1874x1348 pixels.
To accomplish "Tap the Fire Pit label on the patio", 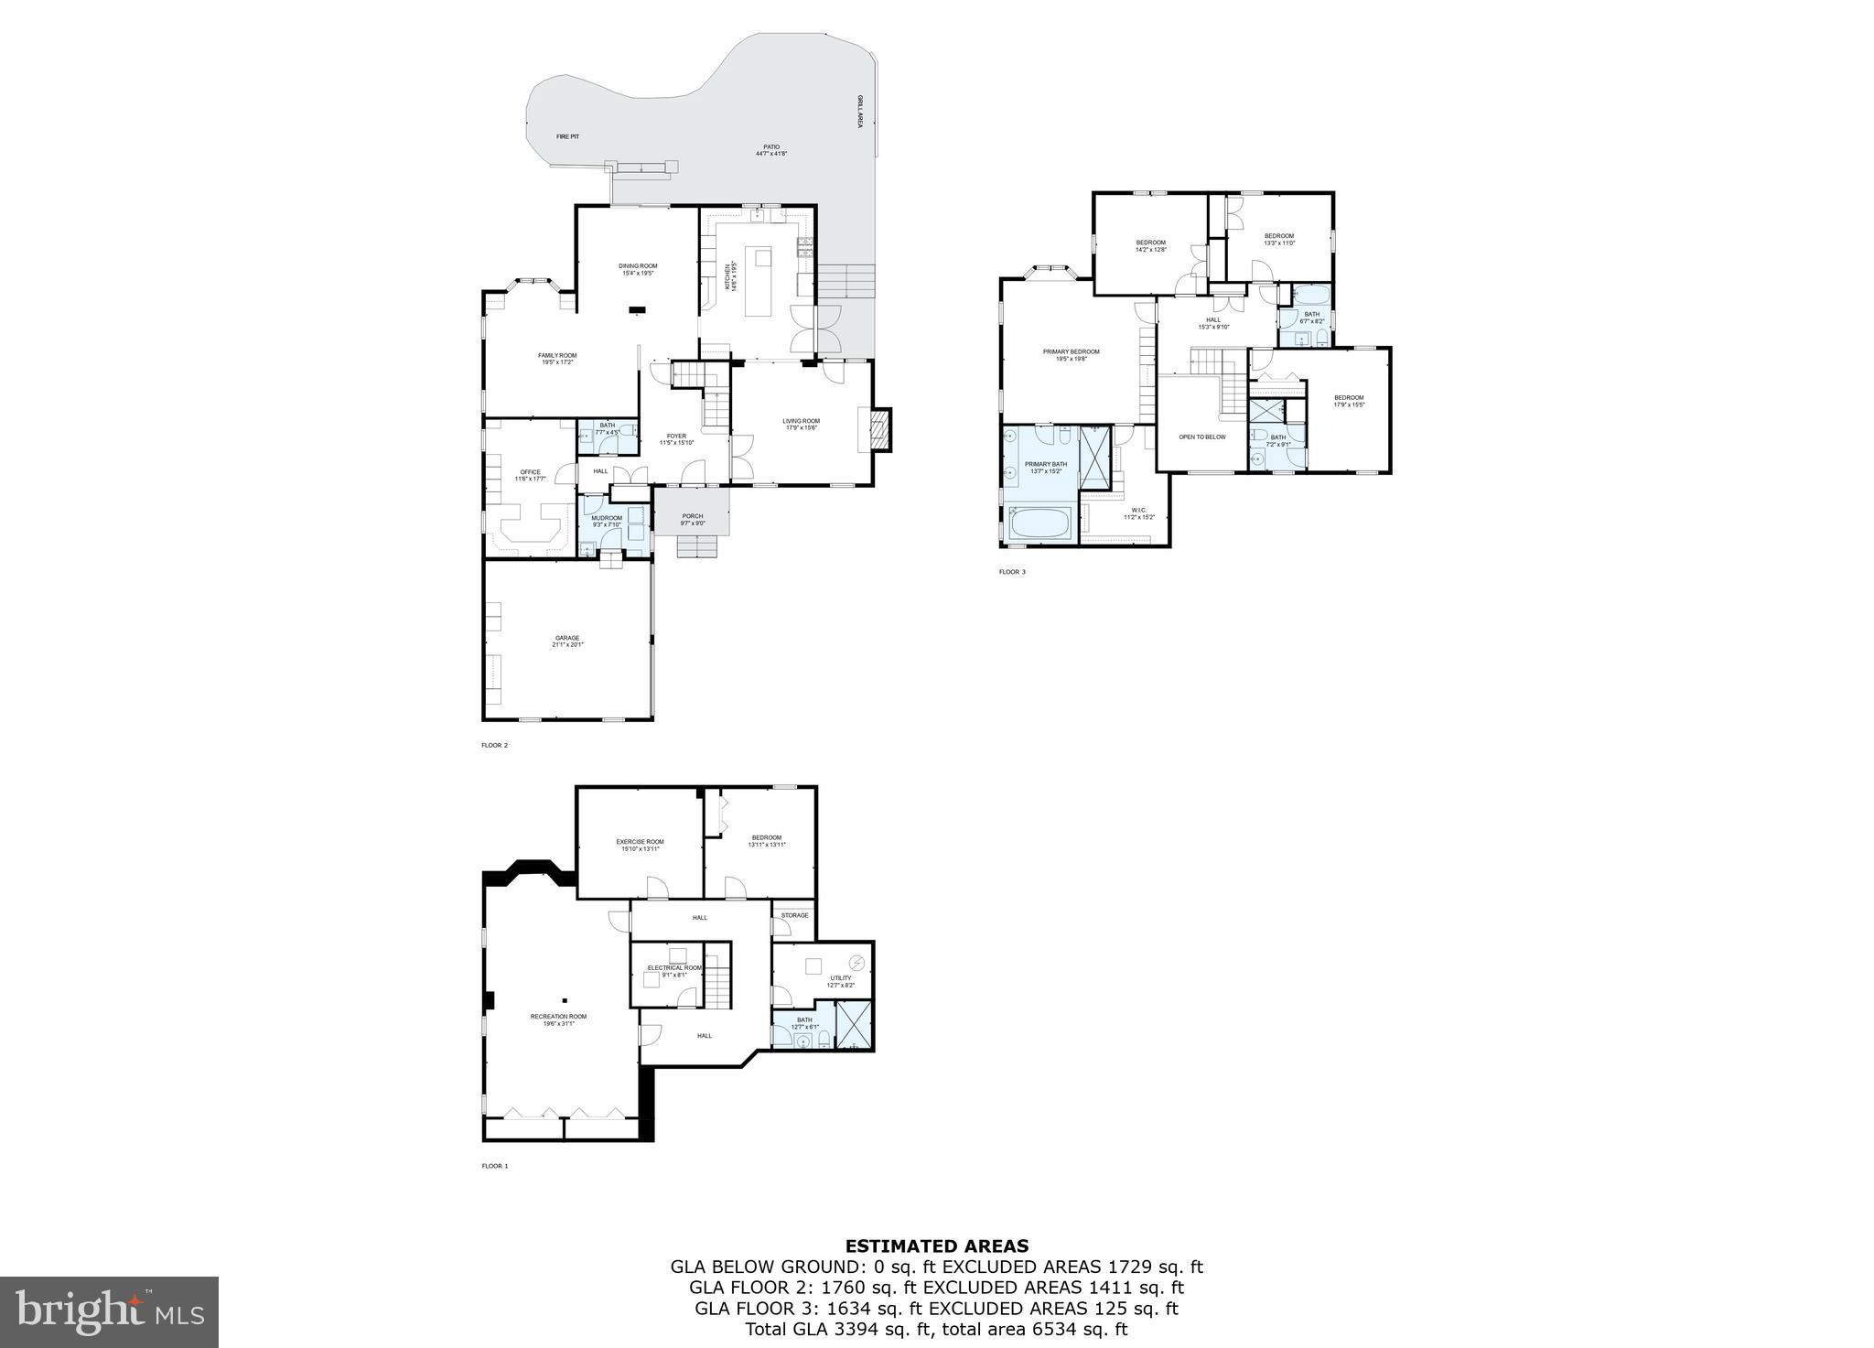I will [x=567, y=136].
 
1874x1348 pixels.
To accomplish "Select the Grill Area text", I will [x=859, y=111].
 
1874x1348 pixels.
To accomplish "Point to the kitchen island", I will [x=759, y=280].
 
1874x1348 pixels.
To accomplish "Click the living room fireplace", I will [x=879, y=429].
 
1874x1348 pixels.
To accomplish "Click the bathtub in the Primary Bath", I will [x=1039, y=525].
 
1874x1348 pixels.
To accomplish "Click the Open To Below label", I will [x=1201, y=437].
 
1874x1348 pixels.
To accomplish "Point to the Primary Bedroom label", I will [x=1071, y=352].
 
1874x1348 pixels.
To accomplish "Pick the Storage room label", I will [x=794, y=915].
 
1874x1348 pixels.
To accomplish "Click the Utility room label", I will [x=840, y=978].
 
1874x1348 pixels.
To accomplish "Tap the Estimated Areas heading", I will [x=936, y=1246].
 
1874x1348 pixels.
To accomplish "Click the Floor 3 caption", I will [x=1012, y=572].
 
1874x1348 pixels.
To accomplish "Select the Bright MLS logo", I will [x=109, y=1312].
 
